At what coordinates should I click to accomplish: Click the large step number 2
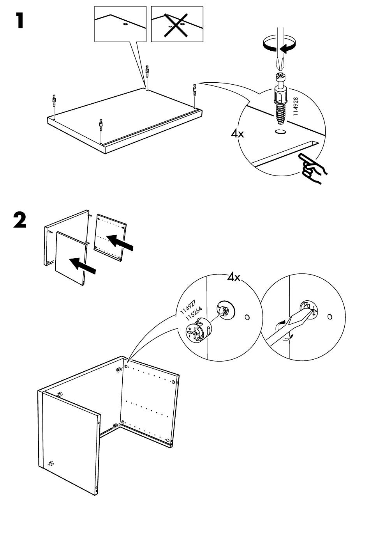pos(20,220)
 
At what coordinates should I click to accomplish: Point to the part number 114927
pos(189,306)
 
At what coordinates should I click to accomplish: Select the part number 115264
pos(194,312)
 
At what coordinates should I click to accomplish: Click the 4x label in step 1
pos(237,134)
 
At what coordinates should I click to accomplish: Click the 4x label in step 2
pos(234,278)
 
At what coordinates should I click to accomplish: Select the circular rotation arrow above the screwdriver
pos(278,44)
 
